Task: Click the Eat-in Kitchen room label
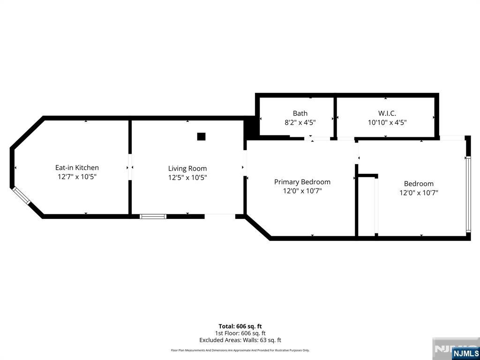77,167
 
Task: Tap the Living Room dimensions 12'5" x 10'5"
187,178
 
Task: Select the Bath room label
300,113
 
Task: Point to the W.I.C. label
387,113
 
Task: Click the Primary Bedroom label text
302,182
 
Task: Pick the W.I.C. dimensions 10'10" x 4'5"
387,122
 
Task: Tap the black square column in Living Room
201,136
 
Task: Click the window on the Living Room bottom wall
153,217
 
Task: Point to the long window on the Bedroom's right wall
468,194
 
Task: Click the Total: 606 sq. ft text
240,326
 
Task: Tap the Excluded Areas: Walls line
240,340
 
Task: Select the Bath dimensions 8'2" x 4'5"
300,122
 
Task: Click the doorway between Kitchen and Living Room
130,167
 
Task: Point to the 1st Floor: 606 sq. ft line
240,333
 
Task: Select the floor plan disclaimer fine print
240,350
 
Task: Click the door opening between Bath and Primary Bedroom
317,139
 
